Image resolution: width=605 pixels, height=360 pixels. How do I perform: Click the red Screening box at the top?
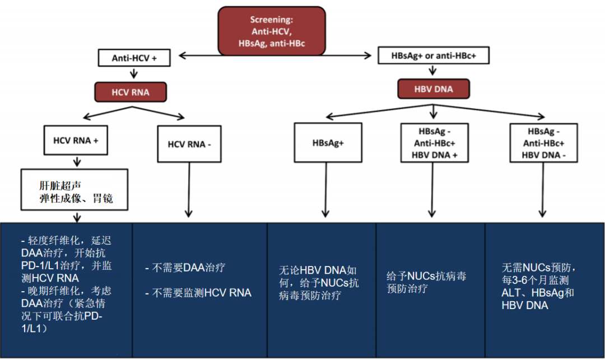272,31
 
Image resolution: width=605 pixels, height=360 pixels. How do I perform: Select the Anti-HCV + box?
134,58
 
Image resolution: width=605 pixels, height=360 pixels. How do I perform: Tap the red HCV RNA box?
131,92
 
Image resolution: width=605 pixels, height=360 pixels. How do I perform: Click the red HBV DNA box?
433,89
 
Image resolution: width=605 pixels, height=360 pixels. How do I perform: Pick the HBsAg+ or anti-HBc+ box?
434,56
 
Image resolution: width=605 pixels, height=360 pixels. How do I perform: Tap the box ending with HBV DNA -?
543,143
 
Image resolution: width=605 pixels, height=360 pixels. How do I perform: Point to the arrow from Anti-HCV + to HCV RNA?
133,73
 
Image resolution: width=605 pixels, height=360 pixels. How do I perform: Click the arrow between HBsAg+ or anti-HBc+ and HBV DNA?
433,72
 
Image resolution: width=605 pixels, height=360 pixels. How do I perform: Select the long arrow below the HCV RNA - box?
189,188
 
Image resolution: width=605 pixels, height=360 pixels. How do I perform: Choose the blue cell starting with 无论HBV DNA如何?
322,283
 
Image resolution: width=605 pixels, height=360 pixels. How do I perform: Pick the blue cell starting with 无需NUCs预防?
543,286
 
